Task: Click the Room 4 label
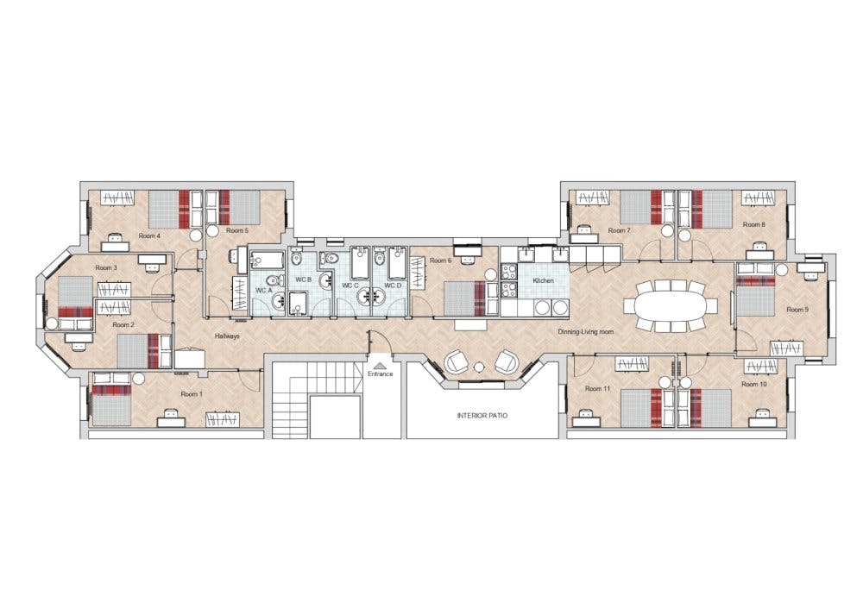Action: click(x=149, y=235)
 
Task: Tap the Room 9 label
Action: click(x=797, y=309)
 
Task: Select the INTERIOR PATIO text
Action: click(x=482, y=416)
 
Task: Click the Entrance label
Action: click(x=380, y=374)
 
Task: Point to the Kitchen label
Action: click(x=543, y=281)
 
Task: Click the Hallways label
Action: click(x=227, y=336)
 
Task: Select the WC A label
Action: click(x=263, y=291)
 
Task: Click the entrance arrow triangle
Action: click(x=380, y=366)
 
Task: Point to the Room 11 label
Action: click(x=597, y=389)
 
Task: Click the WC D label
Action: click(x=394, y=285)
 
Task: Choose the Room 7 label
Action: click(x=619, y=230)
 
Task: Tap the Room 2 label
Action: click(x=125, y=325)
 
